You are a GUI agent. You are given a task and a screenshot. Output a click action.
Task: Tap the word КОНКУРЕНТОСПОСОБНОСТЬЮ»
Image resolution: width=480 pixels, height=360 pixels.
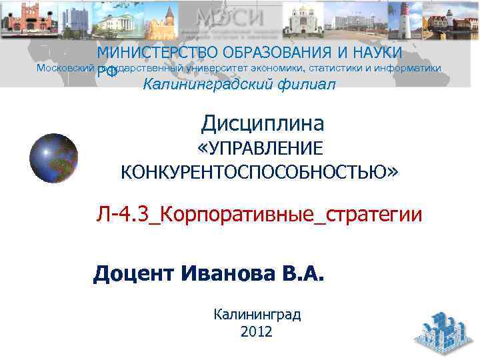tap(259, 173)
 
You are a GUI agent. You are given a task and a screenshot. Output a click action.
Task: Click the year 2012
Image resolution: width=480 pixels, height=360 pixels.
tap(257, 331)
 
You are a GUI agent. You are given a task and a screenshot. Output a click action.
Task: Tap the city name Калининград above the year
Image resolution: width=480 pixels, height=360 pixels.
tap(257, 314)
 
